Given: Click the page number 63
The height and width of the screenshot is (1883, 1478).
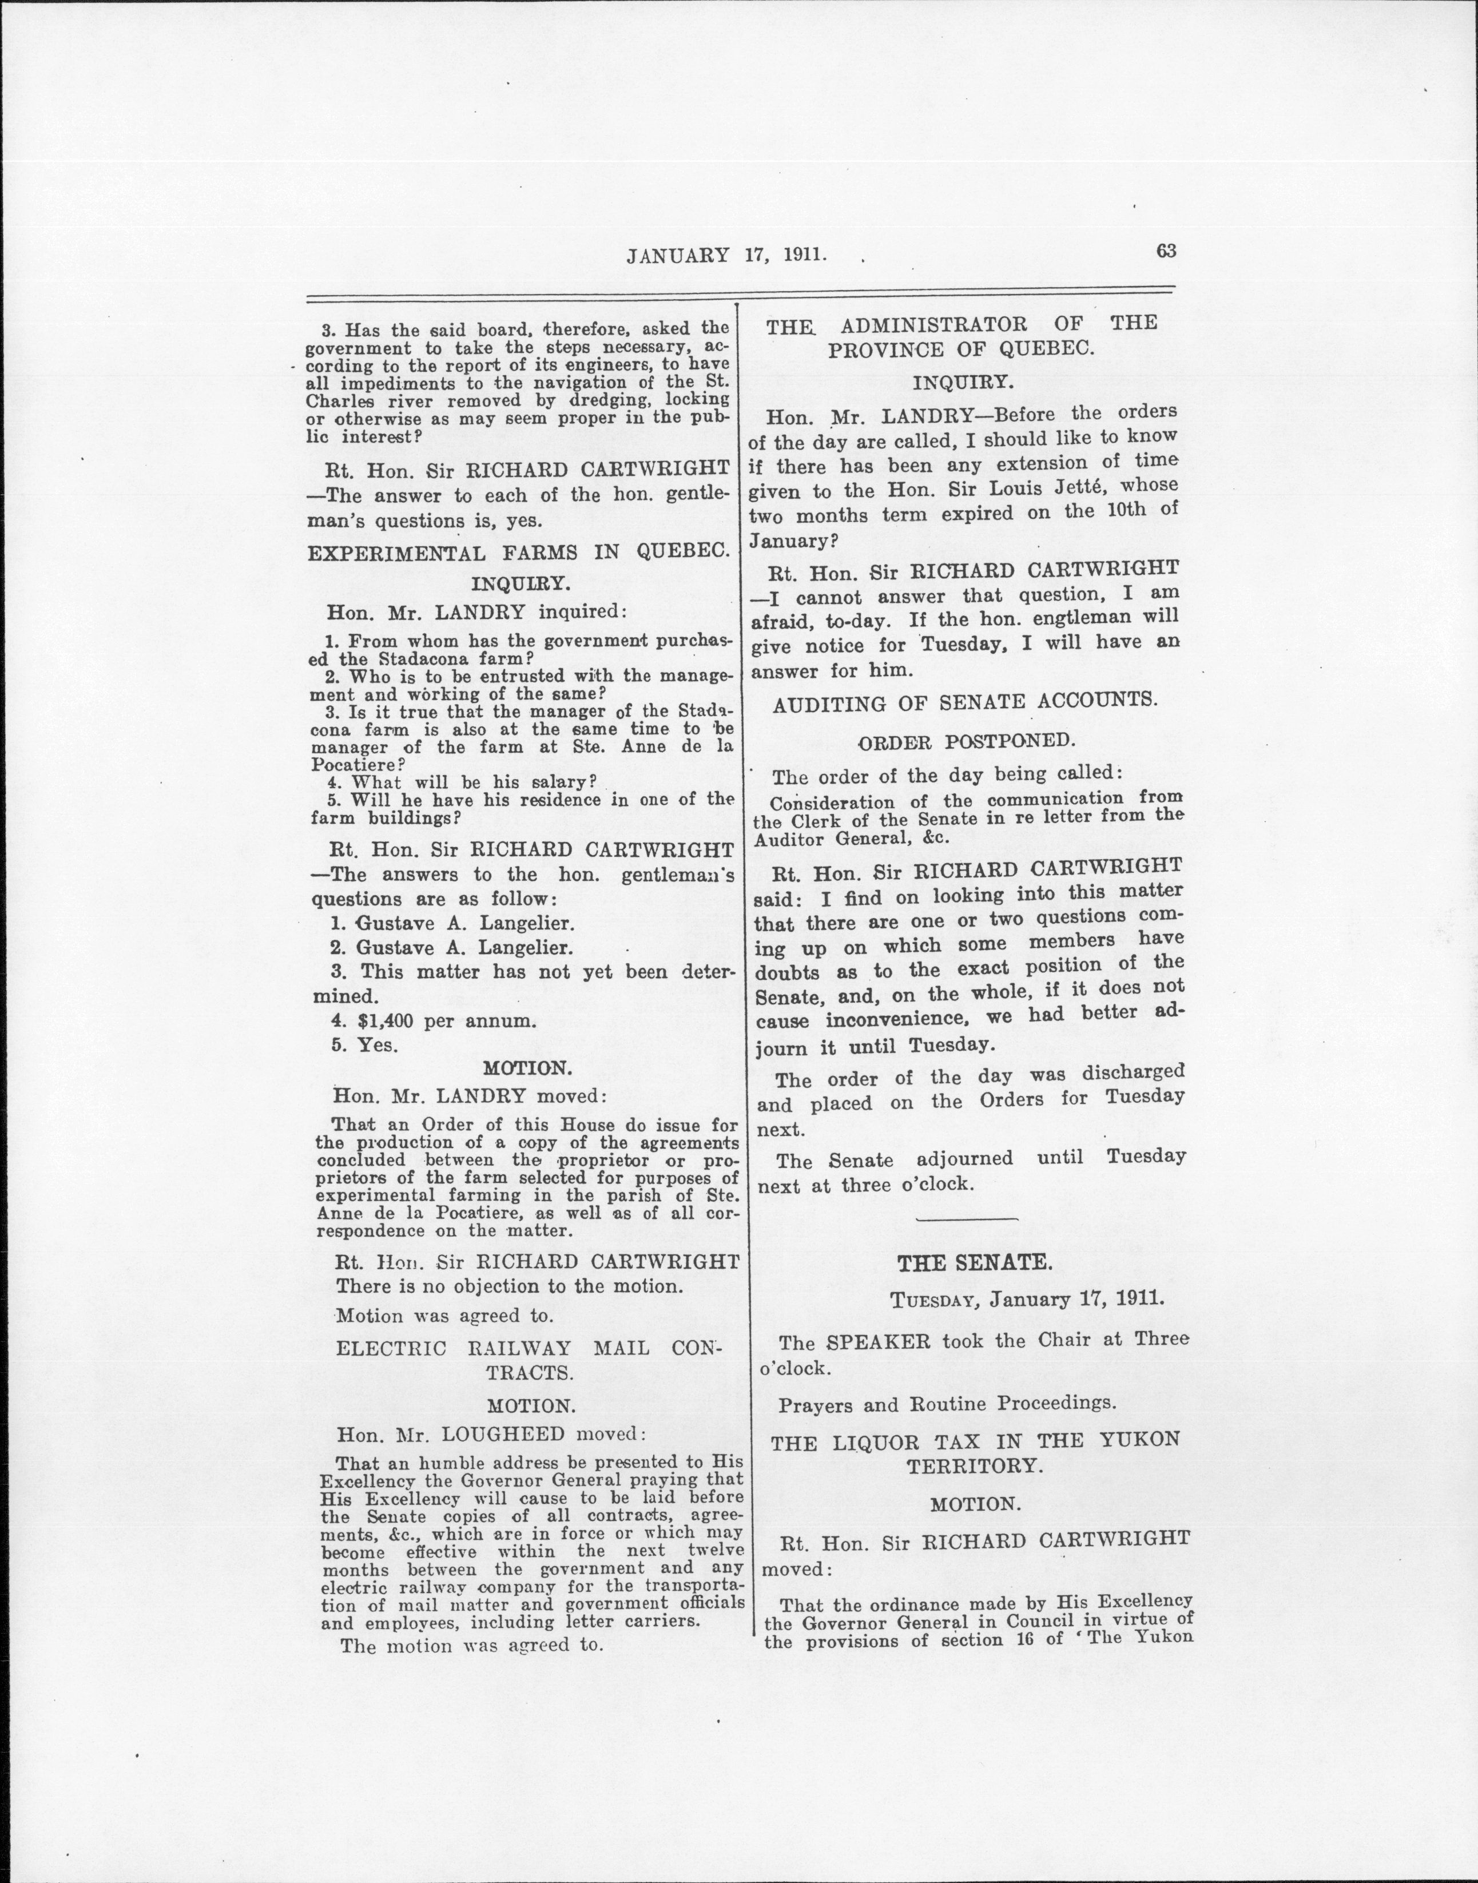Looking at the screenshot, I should (x=1166, y=251).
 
